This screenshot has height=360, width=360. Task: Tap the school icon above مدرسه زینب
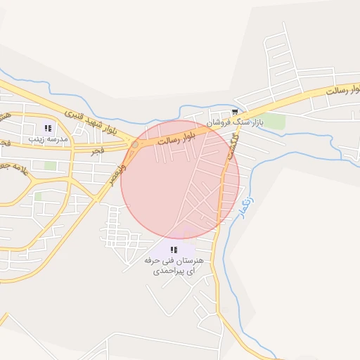pyautogui.click(x=48, y=128)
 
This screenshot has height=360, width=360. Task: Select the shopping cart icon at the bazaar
pyautogui.click(x=235, y=112)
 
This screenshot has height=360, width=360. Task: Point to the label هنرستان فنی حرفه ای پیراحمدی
pyautogui.click(x=174, y=264)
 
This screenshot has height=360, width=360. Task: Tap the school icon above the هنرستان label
pyautogui.click(x=174, y=250)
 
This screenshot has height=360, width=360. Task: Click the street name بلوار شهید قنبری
pyautogui.click(x=91, y=120)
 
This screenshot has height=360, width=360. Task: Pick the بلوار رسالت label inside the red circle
pyautogui.click(x=175, y=137)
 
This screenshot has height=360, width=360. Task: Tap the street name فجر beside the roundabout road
pyautogui.click(x=96, y=150)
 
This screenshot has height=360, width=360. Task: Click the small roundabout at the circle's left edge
pyautogui.click(x=135, y=144)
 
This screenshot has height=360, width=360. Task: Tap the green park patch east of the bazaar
pyautogui.click(x=275, y=122)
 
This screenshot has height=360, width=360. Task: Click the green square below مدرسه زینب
pyautogui.click(x=50, y=166)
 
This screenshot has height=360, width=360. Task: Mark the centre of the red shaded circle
pyautogui.click(x=180, y=179)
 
